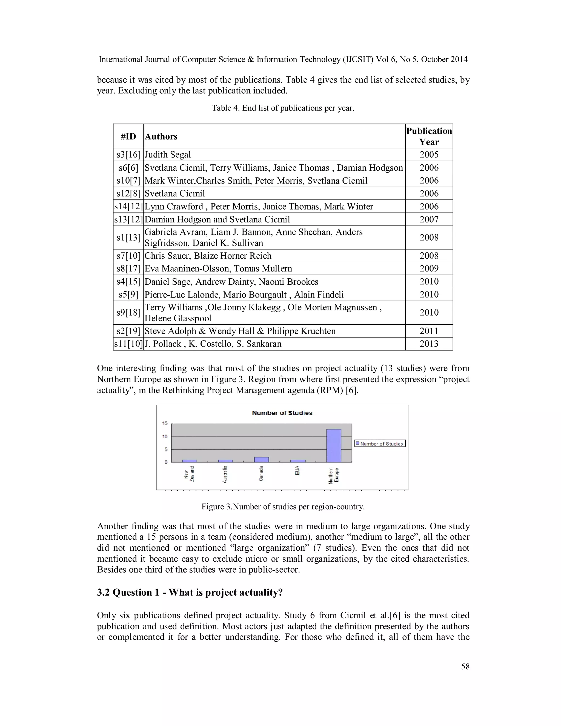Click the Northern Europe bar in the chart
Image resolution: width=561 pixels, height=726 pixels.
tap(334, 445)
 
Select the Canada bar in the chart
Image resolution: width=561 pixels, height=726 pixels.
tap(261, 459)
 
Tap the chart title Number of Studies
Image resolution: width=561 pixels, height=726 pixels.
tap(282, 413)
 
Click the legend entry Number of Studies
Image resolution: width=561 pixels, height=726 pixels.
tap(380, 444)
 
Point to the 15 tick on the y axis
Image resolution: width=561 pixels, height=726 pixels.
tap(165, 423)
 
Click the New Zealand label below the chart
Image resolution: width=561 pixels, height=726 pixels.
tap(189, 473)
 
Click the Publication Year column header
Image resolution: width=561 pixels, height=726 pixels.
tap(429, 136)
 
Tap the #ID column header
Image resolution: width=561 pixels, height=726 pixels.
tap(128, 136)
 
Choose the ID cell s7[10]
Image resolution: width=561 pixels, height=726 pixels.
tap(128, 256)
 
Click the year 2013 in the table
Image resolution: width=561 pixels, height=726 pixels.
tap(429, 344)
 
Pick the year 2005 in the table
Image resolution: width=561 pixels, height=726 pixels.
tap(429, 155)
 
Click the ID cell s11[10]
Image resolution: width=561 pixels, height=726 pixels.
tap(128, 344)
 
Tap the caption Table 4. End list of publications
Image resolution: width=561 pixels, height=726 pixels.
tap(283, 108)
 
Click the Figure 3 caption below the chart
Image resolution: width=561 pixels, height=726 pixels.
tap(283, 507)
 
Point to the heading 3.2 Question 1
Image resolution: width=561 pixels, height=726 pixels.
tap(190, 592)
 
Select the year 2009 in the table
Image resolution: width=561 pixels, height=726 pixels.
tap(429, 268)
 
